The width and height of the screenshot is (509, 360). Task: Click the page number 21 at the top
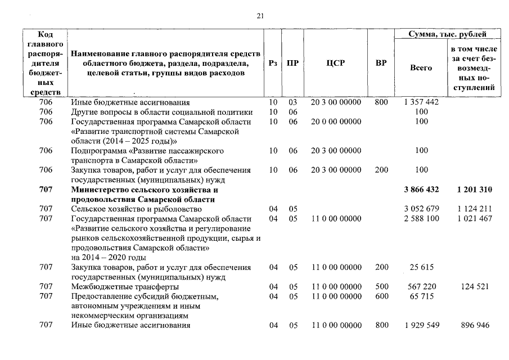[260, 16]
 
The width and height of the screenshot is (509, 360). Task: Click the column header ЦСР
[335, 63]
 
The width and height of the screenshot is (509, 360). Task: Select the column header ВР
[381, 63]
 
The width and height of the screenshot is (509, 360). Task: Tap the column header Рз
[273, 63]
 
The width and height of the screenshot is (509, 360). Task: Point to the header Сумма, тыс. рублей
[448, 34]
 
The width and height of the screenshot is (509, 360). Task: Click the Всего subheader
[421, 67]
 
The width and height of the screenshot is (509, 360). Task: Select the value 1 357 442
[421, 102]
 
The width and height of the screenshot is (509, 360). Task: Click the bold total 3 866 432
[421, 190]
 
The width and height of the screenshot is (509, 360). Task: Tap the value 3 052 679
[421, 209]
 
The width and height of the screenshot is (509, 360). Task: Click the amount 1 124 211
[474, 209]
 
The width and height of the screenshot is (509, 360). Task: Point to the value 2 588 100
[421, 218]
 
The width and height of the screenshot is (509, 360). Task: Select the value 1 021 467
[474, 218]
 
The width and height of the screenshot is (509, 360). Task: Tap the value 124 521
[474, 286]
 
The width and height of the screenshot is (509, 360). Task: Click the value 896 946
[474, 325]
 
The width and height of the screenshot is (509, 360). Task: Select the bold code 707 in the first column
[46, 190]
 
